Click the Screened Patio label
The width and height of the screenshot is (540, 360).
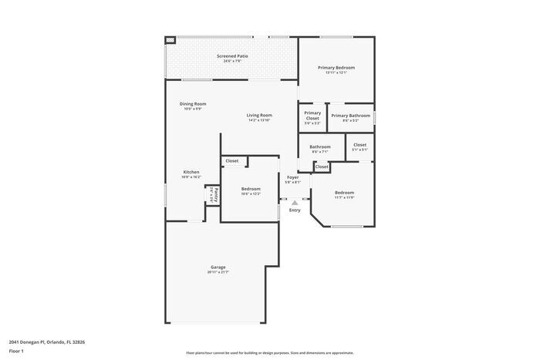(232, 56)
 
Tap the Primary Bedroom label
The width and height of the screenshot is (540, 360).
(336, 67)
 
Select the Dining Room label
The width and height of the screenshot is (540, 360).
(193, 103)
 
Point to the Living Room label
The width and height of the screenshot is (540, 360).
(259, 115)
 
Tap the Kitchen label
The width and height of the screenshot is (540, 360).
(191, 172)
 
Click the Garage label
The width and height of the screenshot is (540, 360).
(218, 267)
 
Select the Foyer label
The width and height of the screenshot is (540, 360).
(293, 177)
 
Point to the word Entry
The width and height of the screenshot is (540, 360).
(295, 210)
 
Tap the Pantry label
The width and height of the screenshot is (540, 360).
(216, 194)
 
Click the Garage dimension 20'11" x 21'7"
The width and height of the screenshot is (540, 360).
(218, 273)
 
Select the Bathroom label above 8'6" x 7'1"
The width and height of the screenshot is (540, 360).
(320, 146)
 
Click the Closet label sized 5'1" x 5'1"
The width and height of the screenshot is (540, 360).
(360, 145)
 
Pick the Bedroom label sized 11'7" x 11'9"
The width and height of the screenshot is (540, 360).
(344, 192)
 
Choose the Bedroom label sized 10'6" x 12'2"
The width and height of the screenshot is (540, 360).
(251, 189)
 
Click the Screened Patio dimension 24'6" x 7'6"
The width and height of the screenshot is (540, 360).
(232, 61)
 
